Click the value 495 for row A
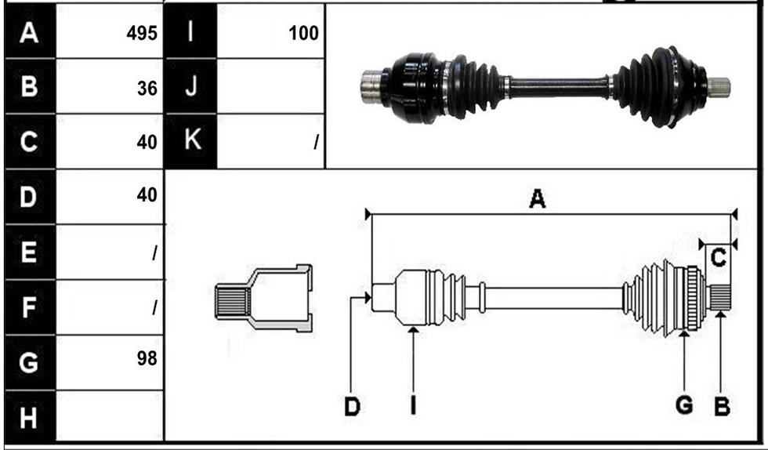click(x=142, y=33)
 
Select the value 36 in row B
click(x=147, y=89)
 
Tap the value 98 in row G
click(x=147, y=358)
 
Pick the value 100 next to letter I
click(x=304, y=33)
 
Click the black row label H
click(x=28, y=418)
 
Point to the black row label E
click(x=28, y=252)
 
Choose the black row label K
click(x=190, y=140)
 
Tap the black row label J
click(x=190, y=85)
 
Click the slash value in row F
click(x=154, y=307)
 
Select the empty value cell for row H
click(x=109, y=416)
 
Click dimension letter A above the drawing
click(x=537, y=199)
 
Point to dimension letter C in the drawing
click(x=718, y=257)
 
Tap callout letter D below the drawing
click(x=352, y=406)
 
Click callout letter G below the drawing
click(x=683, y=405)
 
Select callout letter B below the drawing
click(x=722, y=406)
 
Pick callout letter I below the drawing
click(x=414, y=405)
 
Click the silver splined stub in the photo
click(x=719, y=87)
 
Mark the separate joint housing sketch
click(x=263, y=298)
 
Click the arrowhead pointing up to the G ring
click(x=684, y=334)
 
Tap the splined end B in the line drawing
click(x=720, y=298)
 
